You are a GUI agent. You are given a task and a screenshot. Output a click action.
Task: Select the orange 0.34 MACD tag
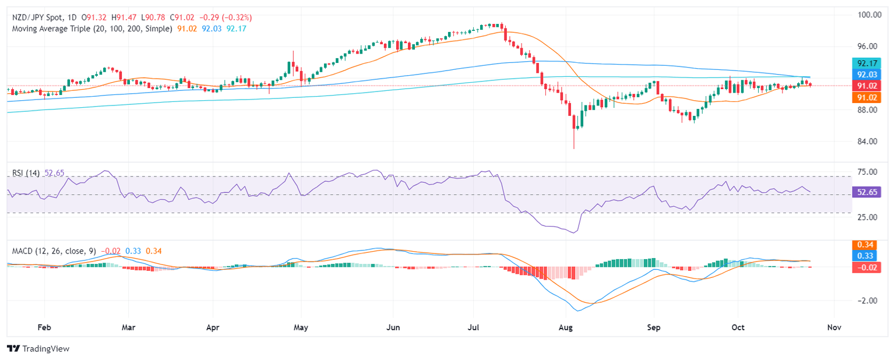pos(865,245)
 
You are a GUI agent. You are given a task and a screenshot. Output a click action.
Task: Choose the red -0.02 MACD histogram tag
pos(865,267)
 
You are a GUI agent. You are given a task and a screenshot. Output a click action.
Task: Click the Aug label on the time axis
pos(565,327)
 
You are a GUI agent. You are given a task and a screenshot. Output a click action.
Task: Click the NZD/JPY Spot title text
pos(38,17)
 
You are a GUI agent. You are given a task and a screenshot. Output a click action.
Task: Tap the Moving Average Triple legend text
pos(70,29)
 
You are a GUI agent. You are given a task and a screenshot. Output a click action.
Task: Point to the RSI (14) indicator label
pos(26,173)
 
